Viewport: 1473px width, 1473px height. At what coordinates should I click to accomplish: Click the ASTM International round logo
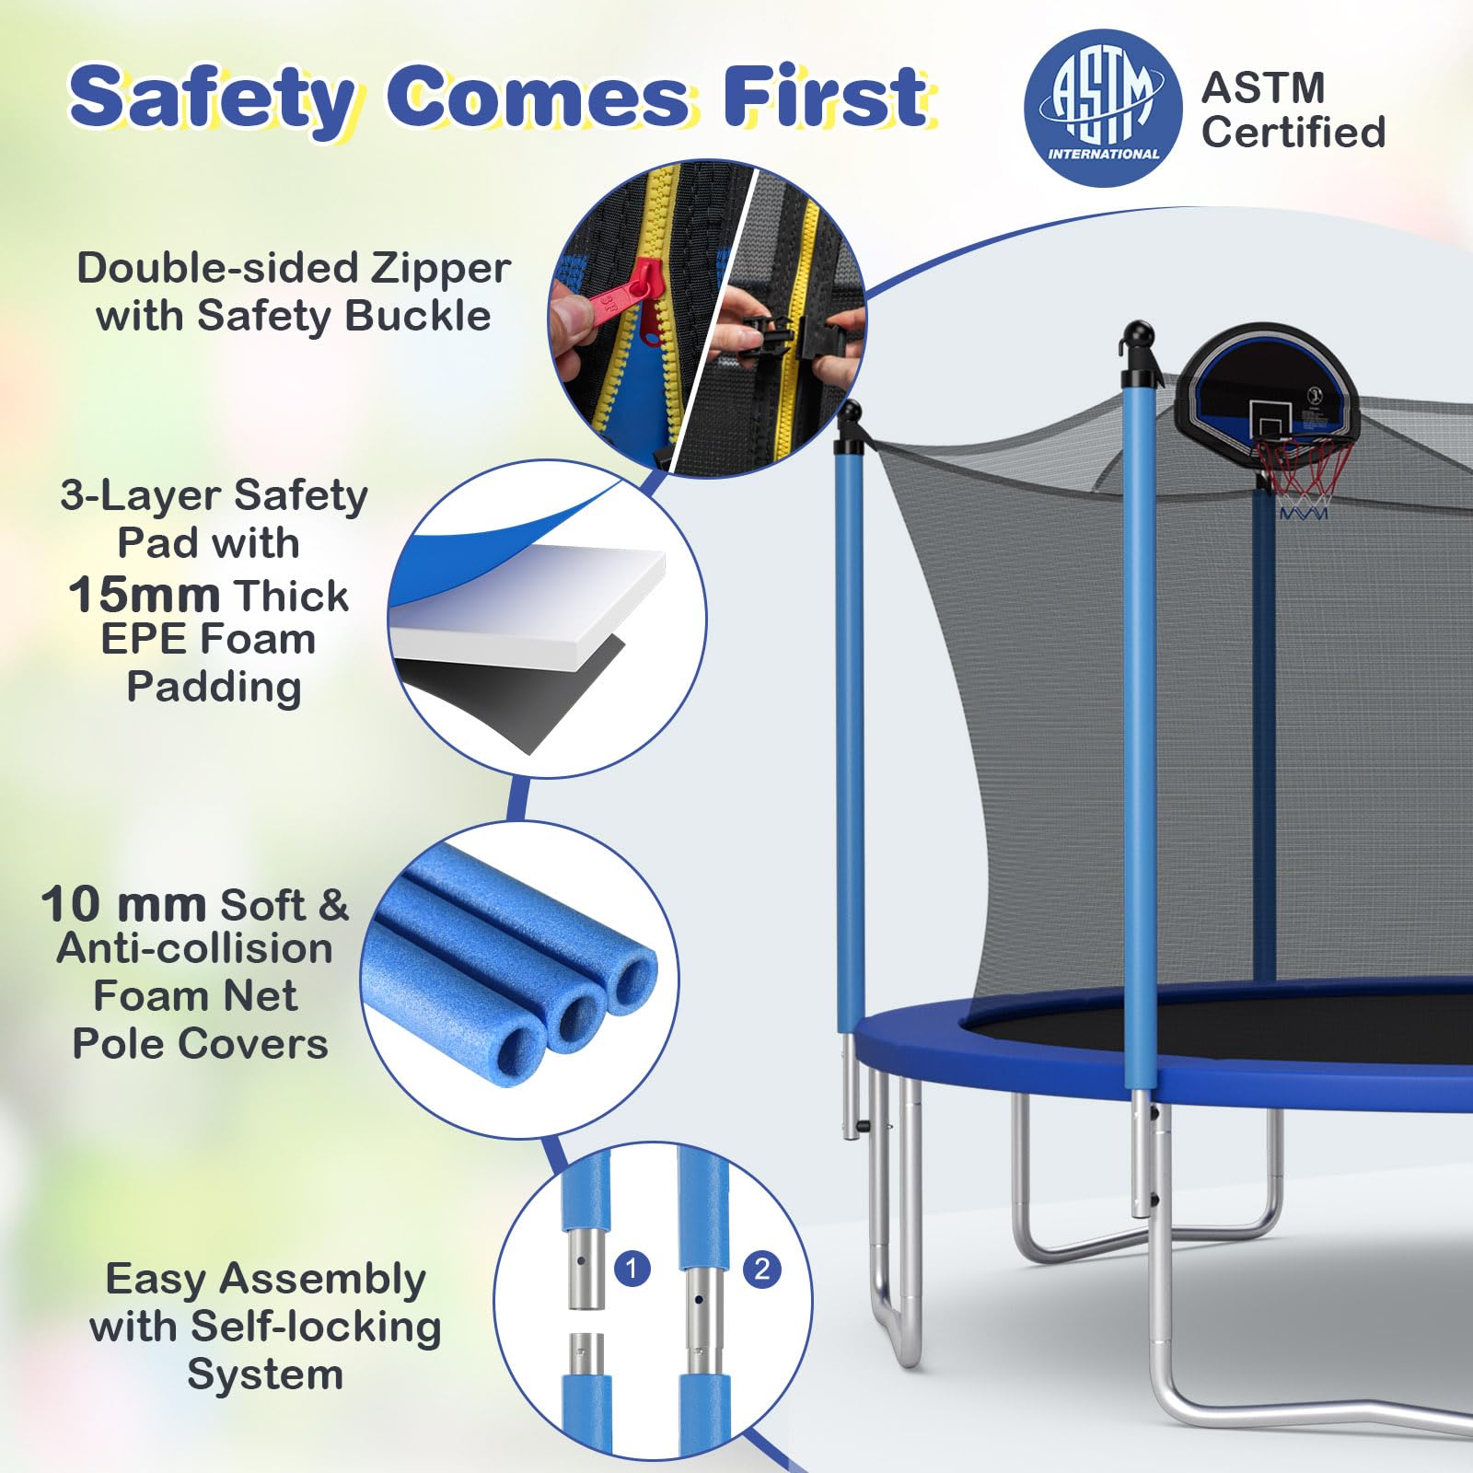click(1103, 109)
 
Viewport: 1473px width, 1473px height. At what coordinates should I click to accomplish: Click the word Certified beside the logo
click(1293, 132)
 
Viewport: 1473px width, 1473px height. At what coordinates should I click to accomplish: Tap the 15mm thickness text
click(145, 595)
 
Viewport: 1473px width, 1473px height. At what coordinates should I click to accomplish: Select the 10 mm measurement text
click(123, 904)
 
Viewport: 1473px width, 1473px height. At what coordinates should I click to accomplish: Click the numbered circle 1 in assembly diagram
click(632, 1270)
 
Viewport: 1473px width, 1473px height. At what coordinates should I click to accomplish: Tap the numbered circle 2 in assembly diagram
click(762, 1270)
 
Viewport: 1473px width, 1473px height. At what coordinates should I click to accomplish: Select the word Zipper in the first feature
click(440, 270)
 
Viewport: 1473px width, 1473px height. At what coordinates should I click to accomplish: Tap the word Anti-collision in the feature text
click(194, 948)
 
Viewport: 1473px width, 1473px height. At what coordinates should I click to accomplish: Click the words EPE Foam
click(208, 639)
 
